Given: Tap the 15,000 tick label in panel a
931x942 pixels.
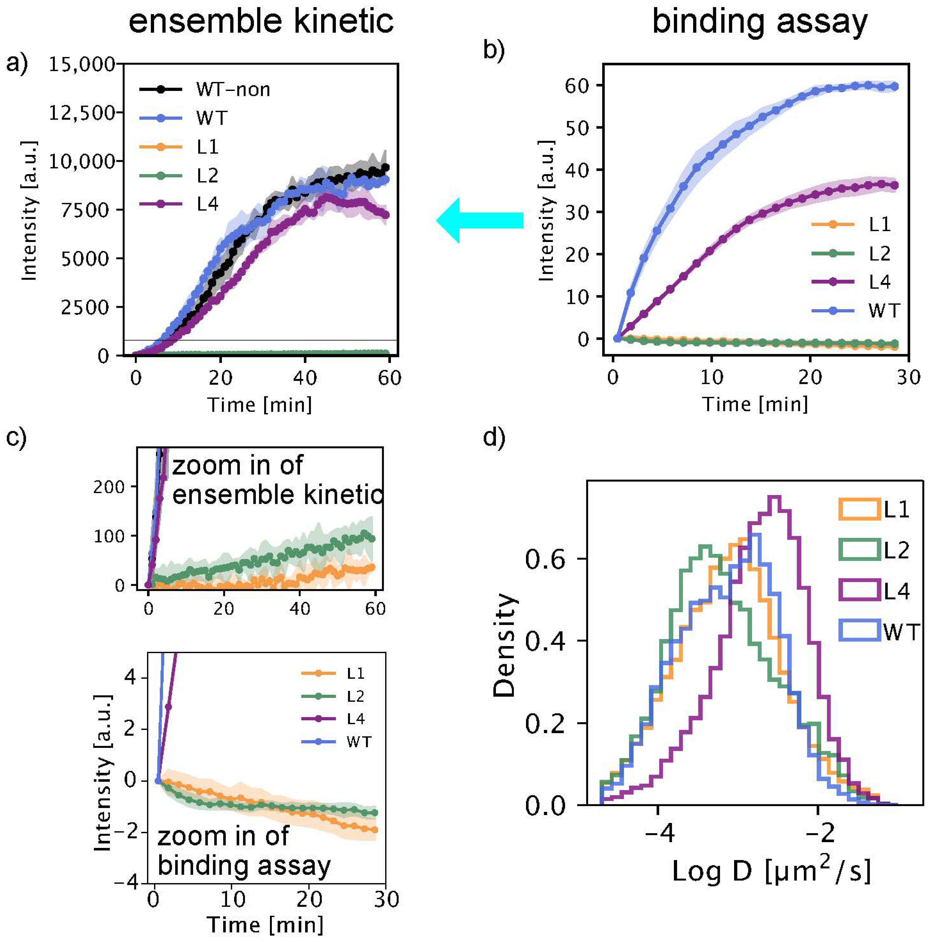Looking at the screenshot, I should [82, 64].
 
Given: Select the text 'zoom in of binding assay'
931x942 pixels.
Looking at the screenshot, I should [244, 851].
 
